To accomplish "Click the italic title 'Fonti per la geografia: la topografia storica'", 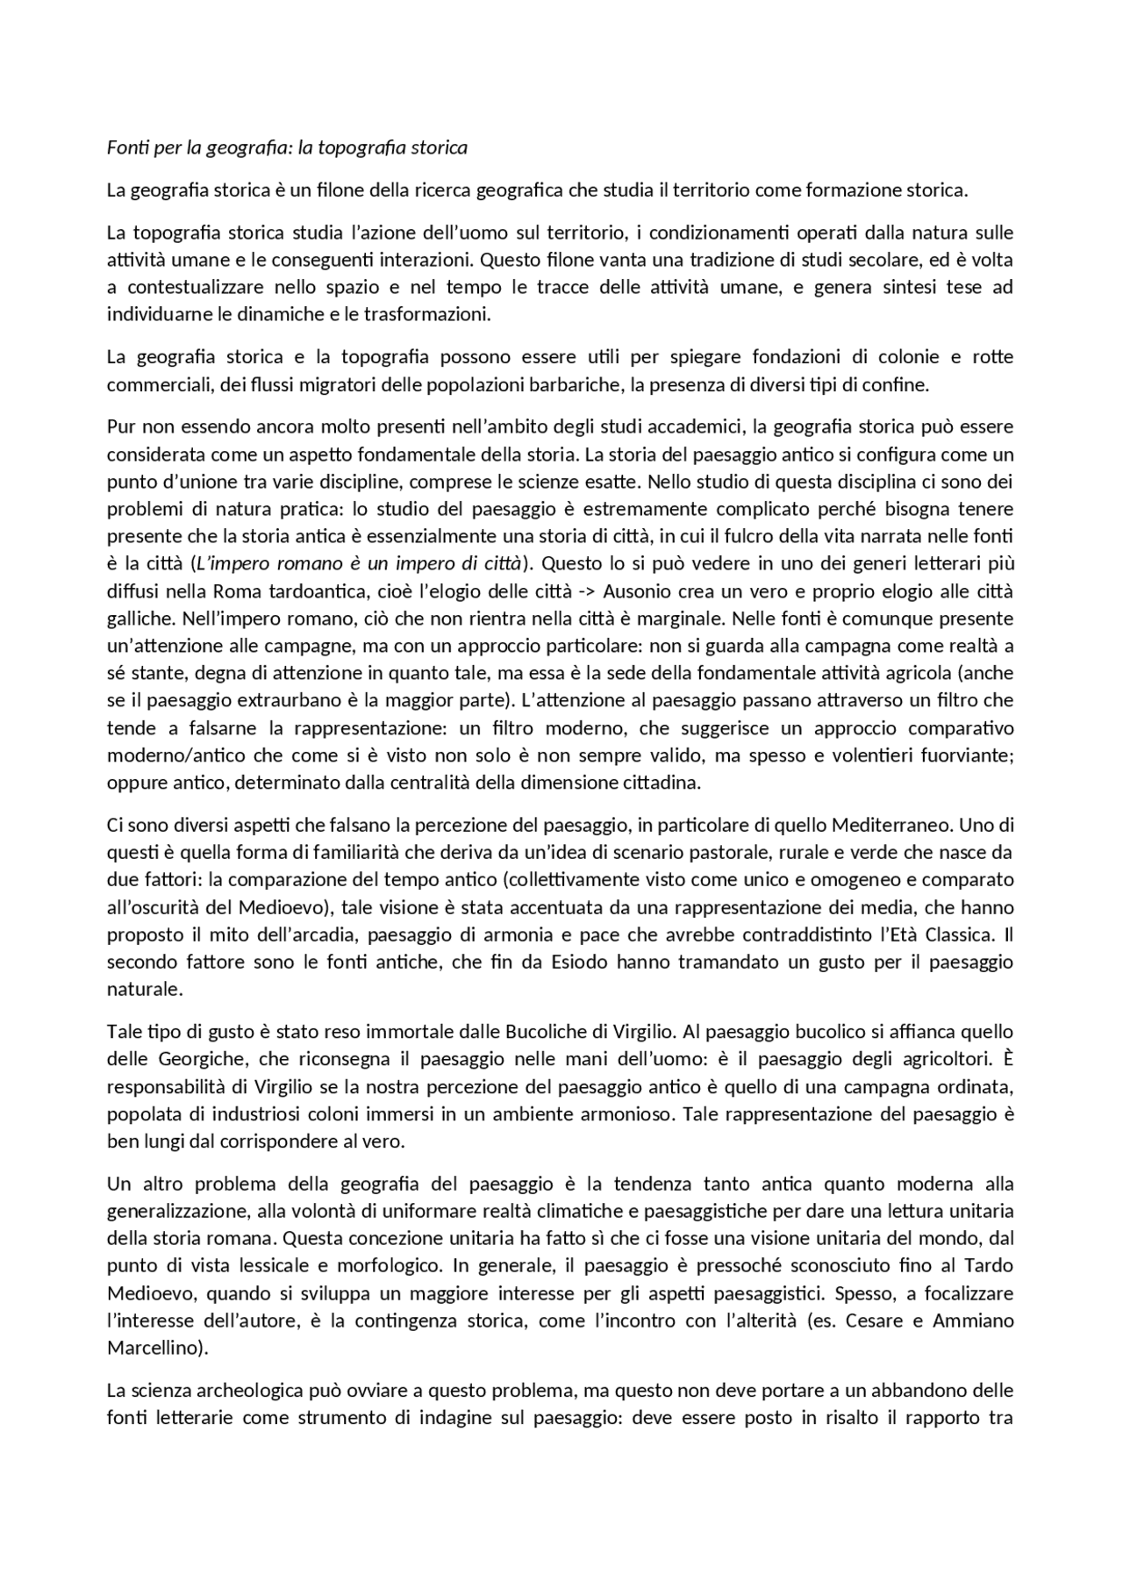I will pyautogui.click(x=287, y=147).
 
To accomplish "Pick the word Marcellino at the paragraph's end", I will pyautogui.click(x=157, y=1348).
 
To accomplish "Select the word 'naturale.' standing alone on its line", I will pyautogui.click(x=145, y=989).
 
